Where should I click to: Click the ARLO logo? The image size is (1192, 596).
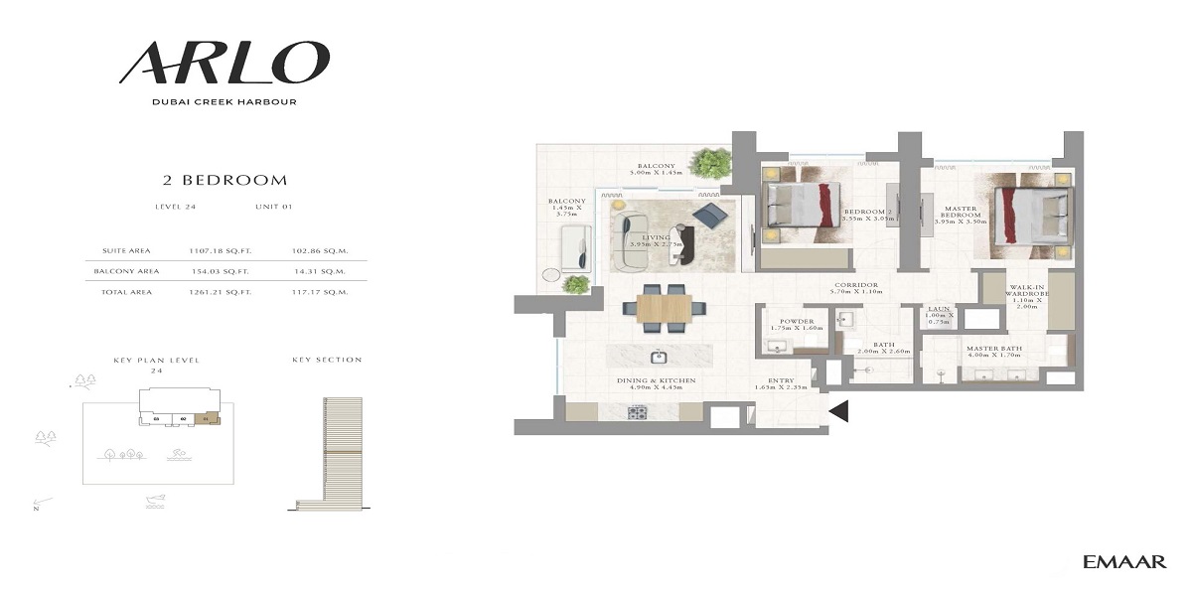point(224,63)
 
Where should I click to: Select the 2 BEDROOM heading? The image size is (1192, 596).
point(224,181)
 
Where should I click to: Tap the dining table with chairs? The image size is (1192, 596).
point(663,307)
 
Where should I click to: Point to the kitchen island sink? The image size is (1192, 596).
point(657,356)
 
